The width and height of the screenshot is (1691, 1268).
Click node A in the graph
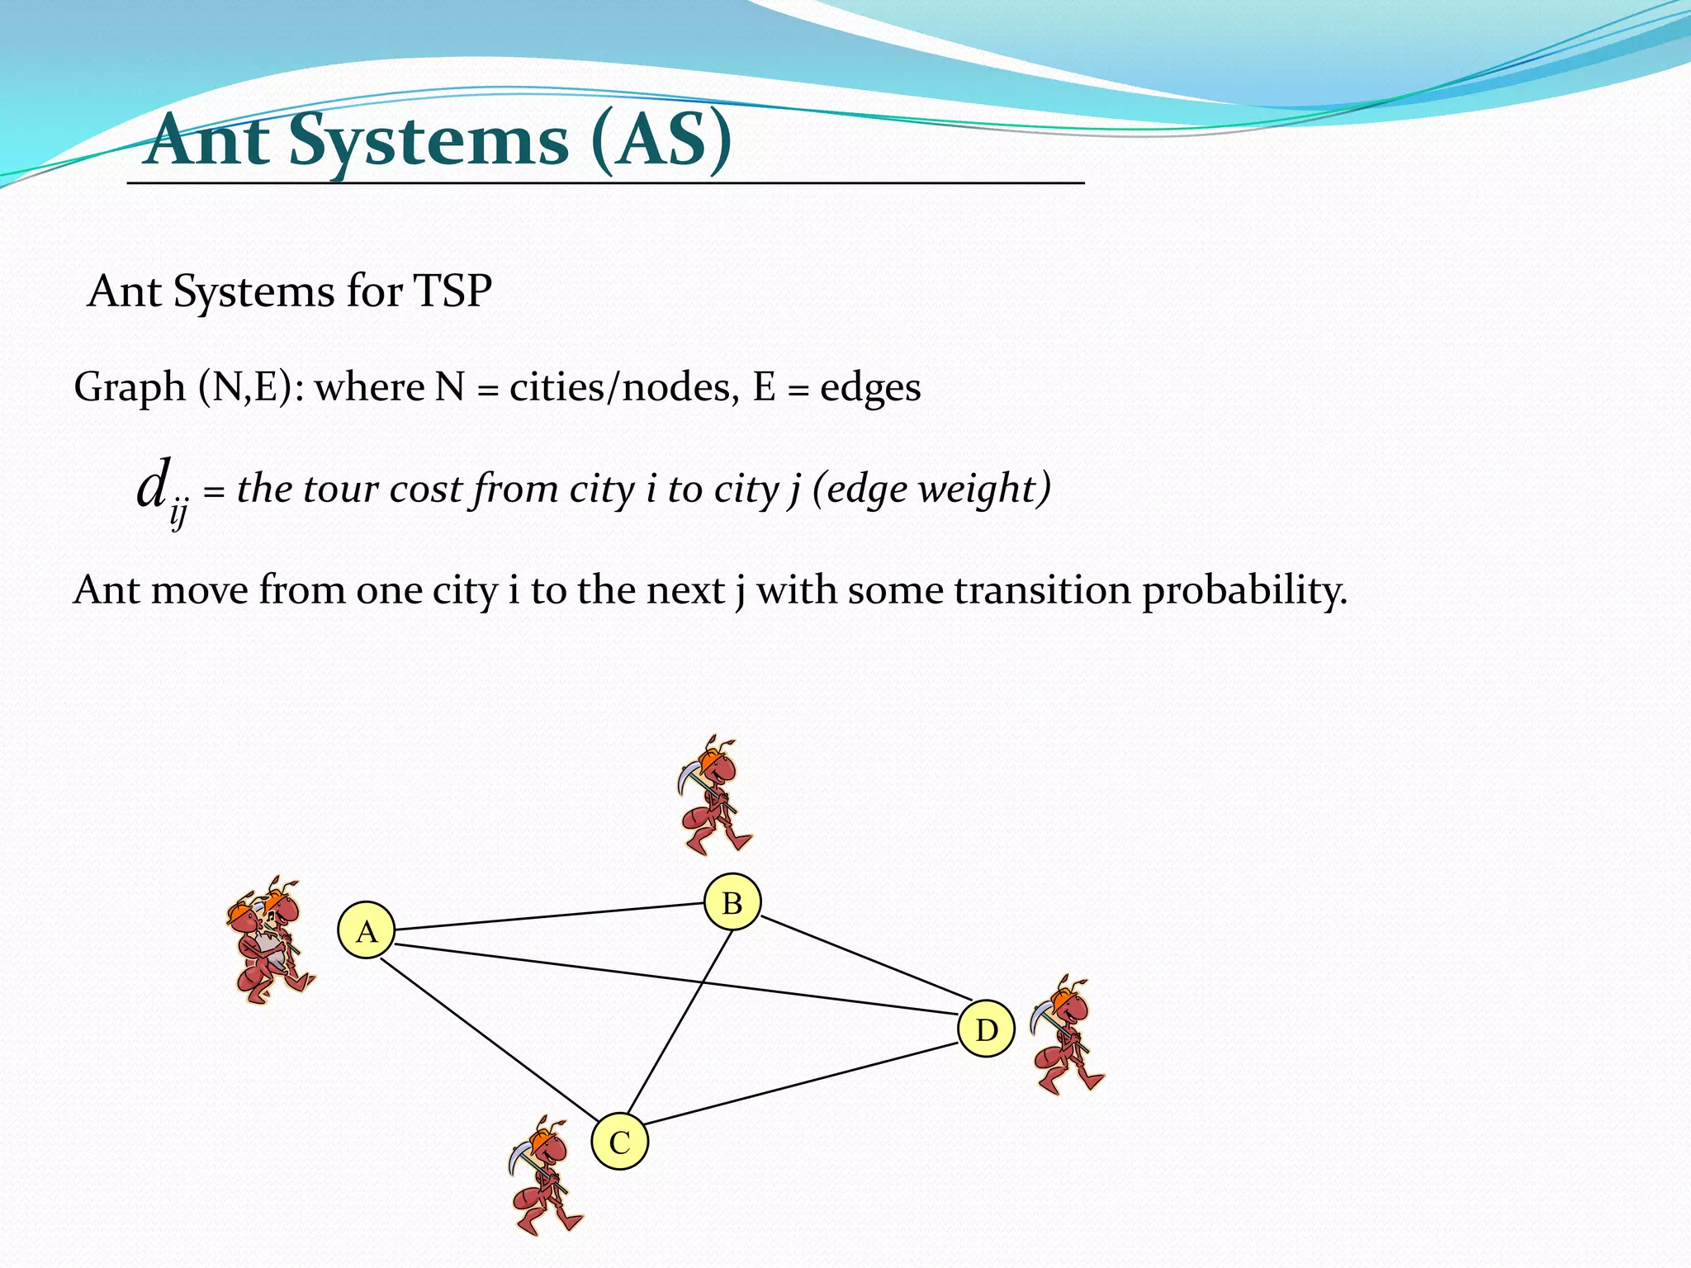pos(367,930)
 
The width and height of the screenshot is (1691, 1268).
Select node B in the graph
pos(732,901)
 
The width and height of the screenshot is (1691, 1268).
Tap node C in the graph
pos(619,1142)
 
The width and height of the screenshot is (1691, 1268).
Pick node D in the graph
pos(986,1029)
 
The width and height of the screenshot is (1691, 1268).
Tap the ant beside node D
pos(1066,1035)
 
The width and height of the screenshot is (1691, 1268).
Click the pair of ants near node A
pos(269,941)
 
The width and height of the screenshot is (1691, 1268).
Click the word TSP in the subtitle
pos(452,291)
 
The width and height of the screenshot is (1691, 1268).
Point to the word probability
pos(1244,591)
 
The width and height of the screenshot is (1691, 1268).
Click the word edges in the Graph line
pos(869,387)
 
